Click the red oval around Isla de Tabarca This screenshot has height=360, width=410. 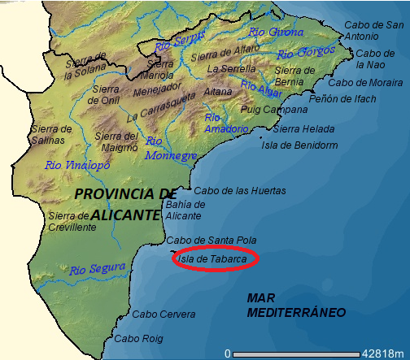click(216, 259)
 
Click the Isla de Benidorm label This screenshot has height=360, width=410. click(299, 145)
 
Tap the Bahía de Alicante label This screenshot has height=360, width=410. click(183, 210)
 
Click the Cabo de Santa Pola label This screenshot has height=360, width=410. click(211, 241)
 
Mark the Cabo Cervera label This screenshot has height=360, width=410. click(164, 314)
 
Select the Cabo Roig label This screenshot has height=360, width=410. click(138, 338)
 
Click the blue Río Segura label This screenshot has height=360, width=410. click(98, 267)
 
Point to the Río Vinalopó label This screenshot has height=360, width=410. click(77, 165)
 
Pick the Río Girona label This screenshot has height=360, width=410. click(270, 33)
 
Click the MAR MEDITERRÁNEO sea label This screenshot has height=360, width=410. click(296, 306)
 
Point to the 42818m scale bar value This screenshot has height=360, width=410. click(384, 353)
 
